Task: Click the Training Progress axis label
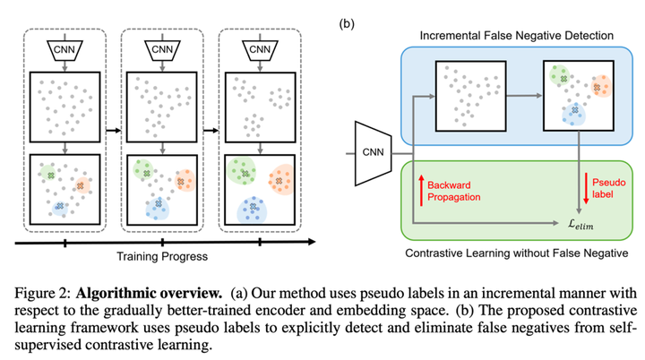(x=161, y=256)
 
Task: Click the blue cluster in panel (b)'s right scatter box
(x=569, y=113)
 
